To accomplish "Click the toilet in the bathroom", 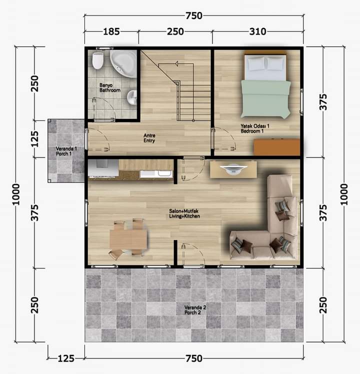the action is (98, 60).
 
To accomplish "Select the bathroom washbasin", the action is (131, 97).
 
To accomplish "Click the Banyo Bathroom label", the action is (109, 87).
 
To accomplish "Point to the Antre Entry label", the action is (149, 138).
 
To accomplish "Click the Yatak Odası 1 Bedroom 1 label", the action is (255, 128).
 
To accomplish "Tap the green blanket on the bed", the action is (266, 98).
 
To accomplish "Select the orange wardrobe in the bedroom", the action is (276, 147).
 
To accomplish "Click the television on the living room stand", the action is (233, 168).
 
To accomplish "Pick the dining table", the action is (128, 239).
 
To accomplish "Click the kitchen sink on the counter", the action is (156, 173).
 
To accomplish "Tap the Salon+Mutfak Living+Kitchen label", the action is (184, 213).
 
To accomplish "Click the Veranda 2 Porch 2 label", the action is (195, 310).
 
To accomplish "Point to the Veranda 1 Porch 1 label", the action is (66, 151).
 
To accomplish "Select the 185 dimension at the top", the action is (111, 31).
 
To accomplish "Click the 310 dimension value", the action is (257, 31).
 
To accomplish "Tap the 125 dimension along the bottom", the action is (66, 358).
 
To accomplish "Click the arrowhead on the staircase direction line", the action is (177, 63).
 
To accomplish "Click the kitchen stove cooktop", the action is (103, 168).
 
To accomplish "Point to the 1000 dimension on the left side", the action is (16, 194).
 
